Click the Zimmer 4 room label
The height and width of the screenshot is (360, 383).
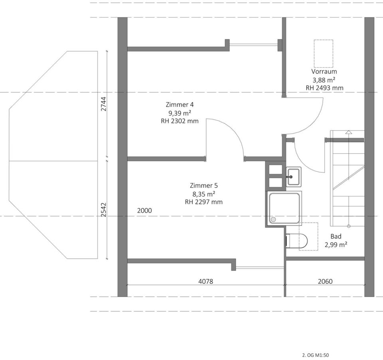pos(180,105)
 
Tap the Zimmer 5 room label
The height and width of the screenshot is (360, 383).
pos(204,186)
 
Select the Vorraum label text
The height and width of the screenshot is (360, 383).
pos(324,71)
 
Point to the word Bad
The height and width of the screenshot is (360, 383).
pos(336,236)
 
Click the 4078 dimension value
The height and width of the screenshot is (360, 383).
pos(206,281)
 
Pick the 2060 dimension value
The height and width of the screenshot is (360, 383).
pos(325,281)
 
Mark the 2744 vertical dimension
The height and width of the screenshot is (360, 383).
pos(104,104)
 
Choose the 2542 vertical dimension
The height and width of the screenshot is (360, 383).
pos(104,210)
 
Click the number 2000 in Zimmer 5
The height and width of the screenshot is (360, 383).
pos(144,210)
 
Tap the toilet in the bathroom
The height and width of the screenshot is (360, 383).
pos(296,241)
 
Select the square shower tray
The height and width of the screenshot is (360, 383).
pos(284,208)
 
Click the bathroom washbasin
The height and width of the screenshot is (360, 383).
pos(294,177)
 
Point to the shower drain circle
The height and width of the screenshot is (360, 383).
pos(273,220)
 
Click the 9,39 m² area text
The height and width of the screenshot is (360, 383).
pos(180,113)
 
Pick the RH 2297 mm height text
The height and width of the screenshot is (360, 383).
pos(204,202)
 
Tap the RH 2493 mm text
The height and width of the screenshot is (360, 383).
pos(325,88)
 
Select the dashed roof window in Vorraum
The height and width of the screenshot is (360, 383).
pos(324,53)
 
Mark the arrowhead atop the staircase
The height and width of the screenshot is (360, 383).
pos(348,132)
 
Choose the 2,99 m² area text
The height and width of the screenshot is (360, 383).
pos(336,245)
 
